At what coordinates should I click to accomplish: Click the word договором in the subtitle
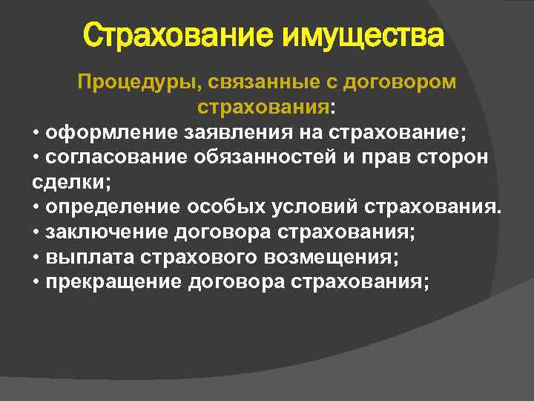[x=401, y=82]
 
